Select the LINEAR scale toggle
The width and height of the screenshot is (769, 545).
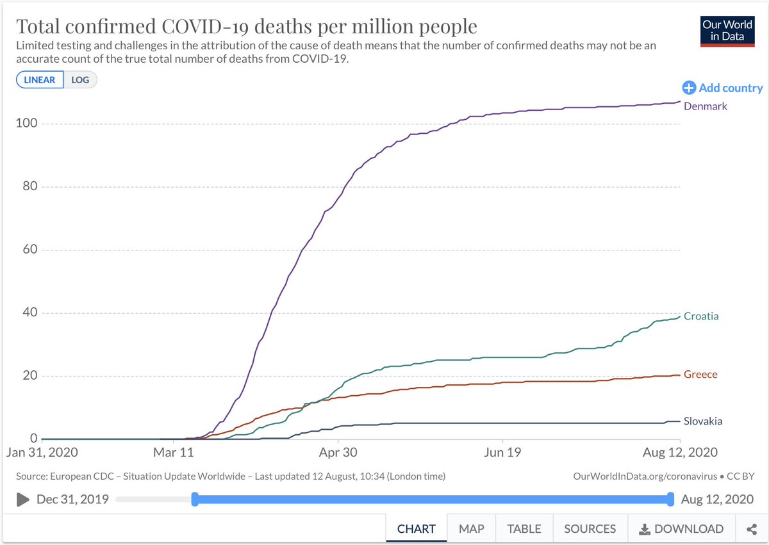click(40, 80)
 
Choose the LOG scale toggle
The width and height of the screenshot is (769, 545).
click(80, 80)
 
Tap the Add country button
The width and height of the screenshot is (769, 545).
click(723, 88)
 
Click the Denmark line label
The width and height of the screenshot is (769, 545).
click(705, 106)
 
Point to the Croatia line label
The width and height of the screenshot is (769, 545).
click(700, 316)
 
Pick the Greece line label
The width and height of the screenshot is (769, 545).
click(700, 375)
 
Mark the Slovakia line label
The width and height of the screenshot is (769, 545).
click(702, 421)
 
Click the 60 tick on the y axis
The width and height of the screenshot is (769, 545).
click(29, 250)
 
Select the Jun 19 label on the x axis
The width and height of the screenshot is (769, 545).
click(502, 453)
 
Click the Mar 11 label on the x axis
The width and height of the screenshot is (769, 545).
click(174, 453)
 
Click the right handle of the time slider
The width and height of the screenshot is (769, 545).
click(670, 499)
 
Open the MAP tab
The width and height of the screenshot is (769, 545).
click(471, 529)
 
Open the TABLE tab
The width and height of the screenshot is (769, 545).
click(524, 529)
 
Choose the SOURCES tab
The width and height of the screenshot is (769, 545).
click(590, 529)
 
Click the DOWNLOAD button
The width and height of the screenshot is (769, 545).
click(681, 529)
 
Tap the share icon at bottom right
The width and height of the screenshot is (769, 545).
click(752, 529)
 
